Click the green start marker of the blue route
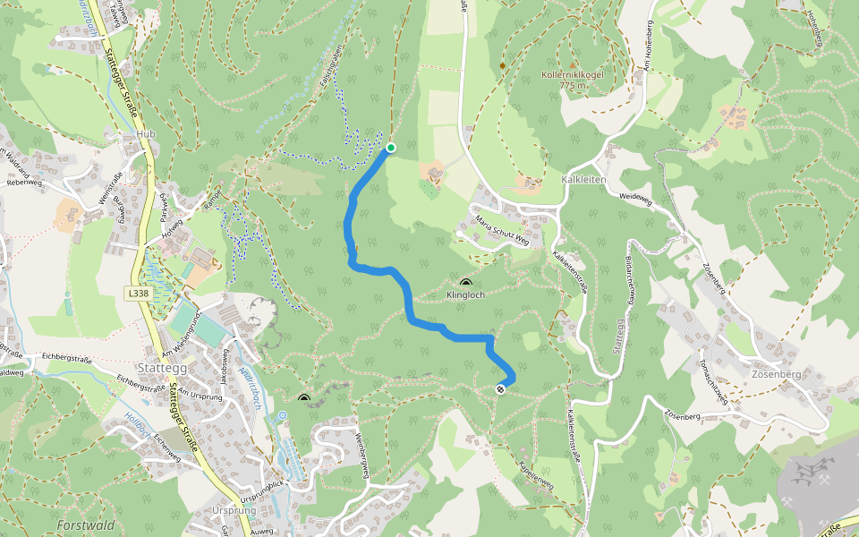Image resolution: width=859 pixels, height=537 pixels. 391,148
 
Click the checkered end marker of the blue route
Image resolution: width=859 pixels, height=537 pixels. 500,388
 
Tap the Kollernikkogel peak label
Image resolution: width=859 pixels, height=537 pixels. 573,75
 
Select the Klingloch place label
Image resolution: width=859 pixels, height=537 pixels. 465,294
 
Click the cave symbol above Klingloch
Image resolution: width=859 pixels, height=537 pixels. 465,283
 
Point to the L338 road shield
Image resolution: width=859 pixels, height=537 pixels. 138,293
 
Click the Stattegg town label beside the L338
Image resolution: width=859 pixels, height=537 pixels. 162,367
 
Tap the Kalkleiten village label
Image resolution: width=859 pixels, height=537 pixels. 583,180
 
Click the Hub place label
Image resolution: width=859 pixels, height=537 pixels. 145,135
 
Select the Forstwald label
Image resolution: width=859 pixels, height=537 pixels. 86,525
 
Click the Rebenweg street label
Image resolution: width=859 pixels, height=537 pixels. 24,182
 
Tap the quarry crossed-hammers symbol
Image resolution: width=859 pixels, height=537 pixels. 813,471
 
